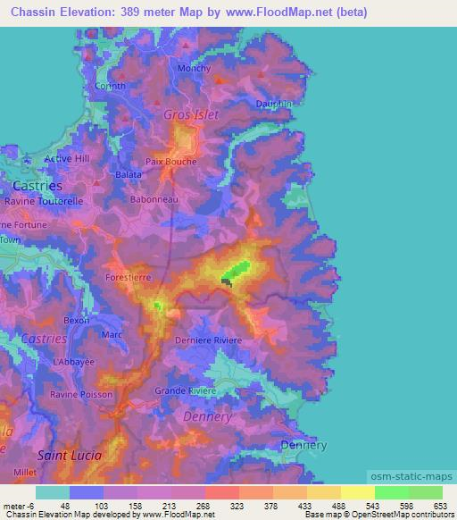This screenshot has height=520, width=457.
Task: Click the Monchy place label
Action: (x=194, y=69)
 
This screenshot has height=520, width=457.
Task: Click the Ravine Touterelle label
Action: (x=44, y=202)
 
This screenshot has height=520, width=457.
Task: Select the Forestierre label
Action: (x=129, y=278)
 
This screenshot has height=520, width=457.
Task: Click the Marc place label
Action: (x=112, y=334)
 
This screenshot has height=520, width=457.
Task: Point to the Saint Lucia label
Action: (x=70, y=455)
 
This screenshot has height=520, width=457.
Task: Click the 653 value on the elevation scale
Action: (x=441, y=507)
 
